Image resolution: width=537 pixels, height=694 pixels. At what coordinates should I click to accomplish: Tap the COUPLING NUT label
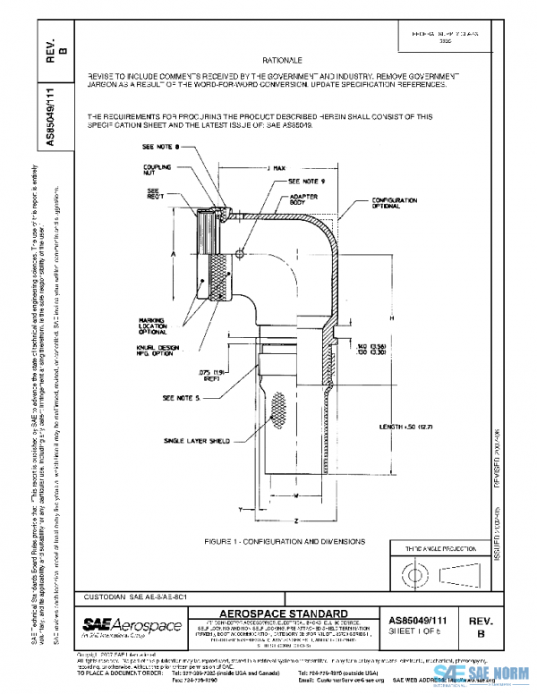pos(158,171)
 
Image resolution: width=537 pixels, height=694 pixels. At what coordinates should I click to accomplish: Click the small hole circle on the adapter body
pos(240,253)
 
